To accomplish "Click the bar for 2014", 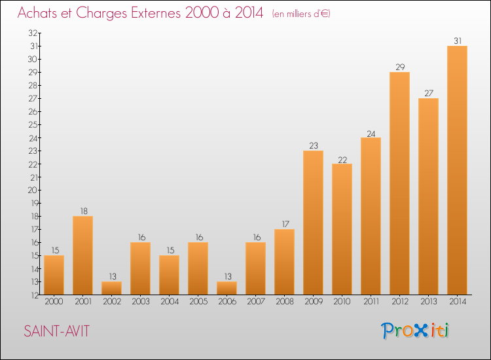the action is coord(457,170).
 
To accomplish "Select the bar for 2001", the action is coord(82,255).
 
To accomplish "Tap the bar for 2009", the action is coord(313,223).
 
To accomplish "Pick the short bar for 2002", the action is coord(111,288).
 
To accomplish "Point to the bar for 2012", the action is coord(399,183).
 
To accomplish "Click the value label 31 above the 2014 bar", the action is coord(458,41).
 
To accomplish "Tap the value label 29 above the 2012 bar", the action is coord(400,67).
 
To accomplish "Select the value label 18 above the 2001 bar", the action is coord(84,211).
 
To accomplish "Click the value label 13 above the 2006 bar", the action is coord(228,276).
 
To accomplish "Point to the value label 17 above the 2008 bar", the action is coord(285,224).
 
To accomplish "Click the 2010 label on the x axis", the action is coord(342,301).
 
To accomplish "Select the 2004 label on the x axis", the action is coord(170,301).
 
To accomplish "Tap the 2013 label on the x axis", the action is coord(428,301).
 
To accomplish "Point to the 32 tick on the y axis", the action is coord(33,33).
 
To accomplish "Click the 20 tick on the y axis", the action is coord(33,190).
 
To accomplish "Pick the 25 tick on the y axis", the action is coord(33,124).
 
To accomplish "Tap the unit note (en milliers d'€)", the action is coord(301,14).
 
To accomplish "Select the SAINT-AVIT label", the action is coord(57,331).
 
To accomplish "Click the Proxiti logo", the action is coord(415,331).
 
